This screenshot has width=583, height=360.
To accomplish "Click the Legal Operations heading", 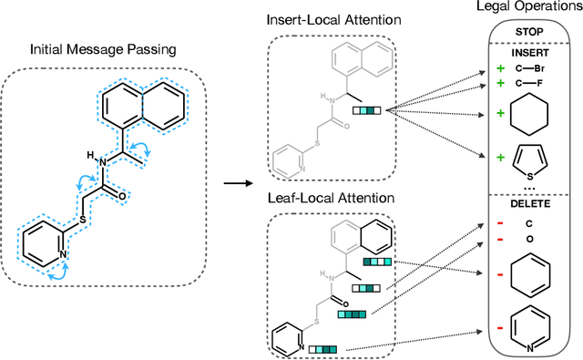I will pyautogui.click(x=535, y=8).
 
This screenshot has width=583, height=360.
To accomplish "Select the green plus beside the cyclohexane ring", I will pyautogui.click(x=499, y=114).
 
